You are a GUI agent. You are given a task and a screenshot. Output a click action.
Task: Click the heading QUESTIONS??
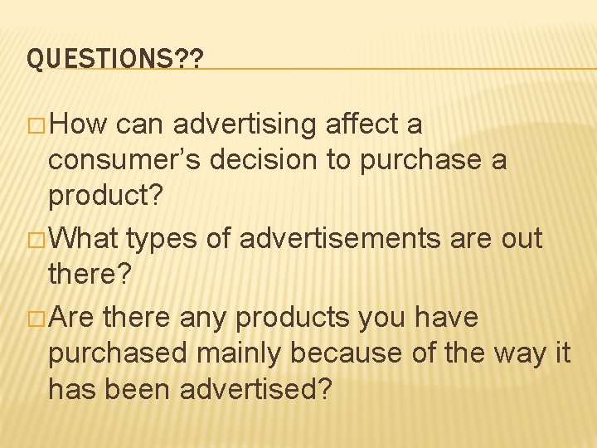coord(116,59)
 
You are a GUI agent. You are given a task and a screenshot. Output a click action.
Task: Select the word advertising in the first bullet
coord(246,124)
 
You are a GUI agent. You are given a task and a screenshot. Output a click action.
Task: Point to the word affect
coord(362,124)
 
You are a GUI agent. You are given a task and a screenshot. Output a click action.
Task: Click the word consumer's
coord(124,160)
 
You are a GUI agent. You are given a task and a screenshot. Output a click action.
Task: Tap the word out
coord(521,240)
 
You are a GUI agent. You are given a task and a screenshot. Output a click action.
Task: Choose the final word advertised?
coord(253,389)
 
